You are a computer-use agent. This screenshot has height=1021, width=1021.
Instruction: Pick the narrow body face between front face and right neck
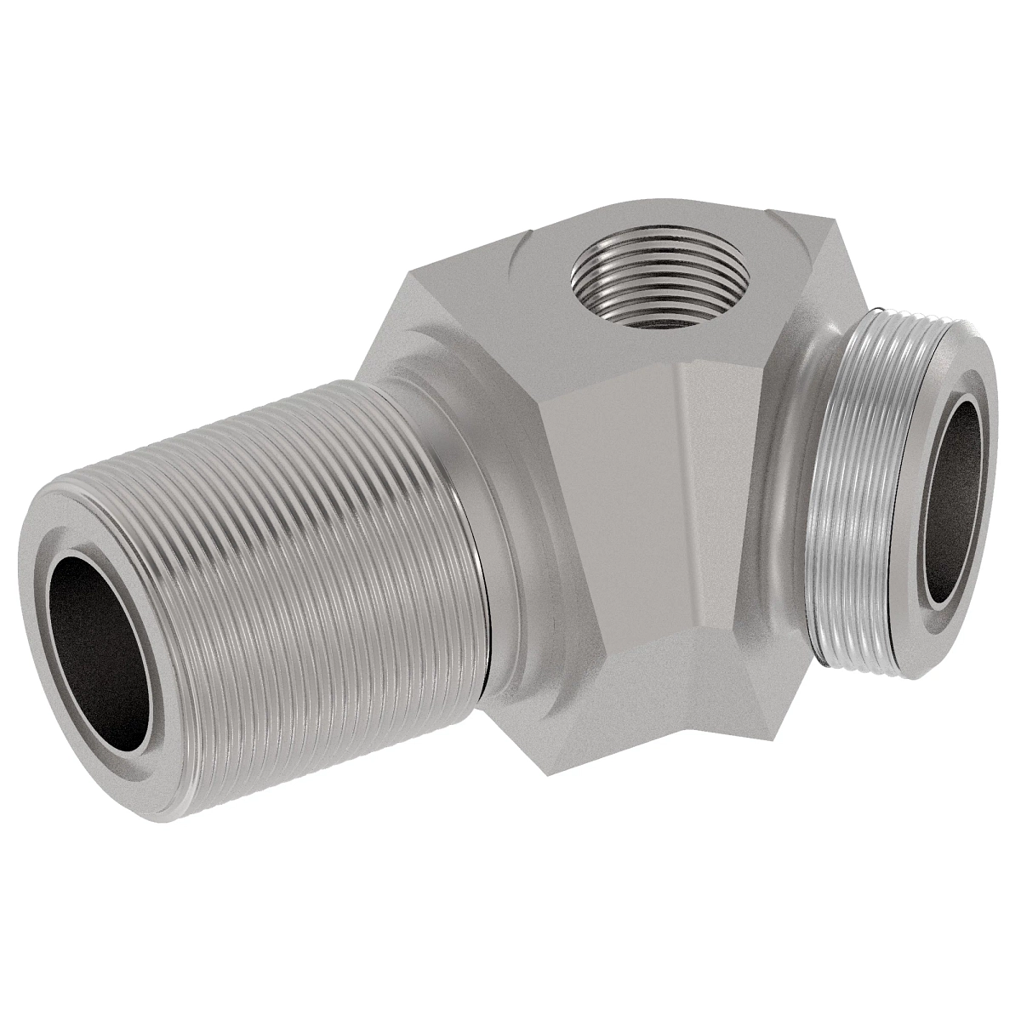click(x=723, y=493)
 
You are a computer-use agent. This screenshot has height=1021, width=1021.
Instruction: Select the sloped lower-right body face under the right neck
click(x=766, y=672)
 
